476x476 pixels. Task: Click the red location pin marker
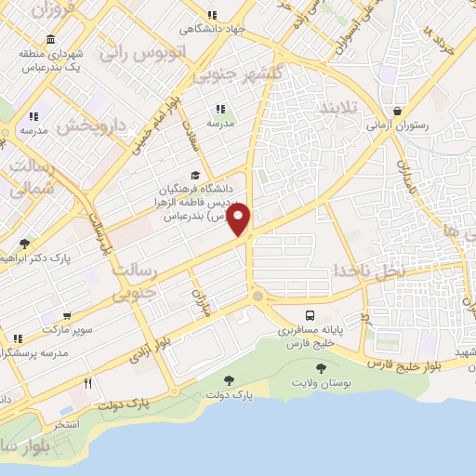click(239, 221)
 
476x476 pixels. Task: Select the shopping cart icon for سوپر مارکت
click(67, 315)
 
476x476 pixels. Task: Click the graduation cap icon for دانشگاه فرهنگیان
click(194, 175)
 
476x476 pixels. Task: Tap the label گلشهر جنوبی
click(226, 73)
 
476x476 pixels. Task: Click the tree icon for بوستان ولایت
click(321, 368)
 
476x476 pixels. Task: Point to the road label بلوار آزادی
click(139, 358)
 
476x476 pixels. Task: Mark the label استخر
click(66, 424)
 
